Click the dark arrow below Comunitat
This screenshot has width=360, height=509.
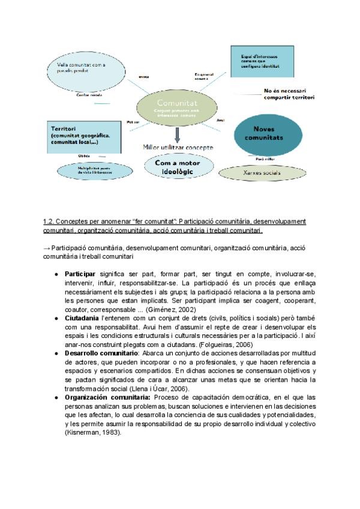tap(177, 134)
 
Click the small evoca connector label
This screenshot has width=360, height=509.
tap(143, 76)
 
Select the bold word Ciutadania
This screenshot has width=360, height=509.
tap(82, 318)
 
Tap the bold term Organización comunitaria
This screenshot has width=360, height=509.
tap(108, 397)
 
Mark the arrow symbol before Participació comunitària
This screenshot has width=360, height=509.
tap(46, 248)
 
